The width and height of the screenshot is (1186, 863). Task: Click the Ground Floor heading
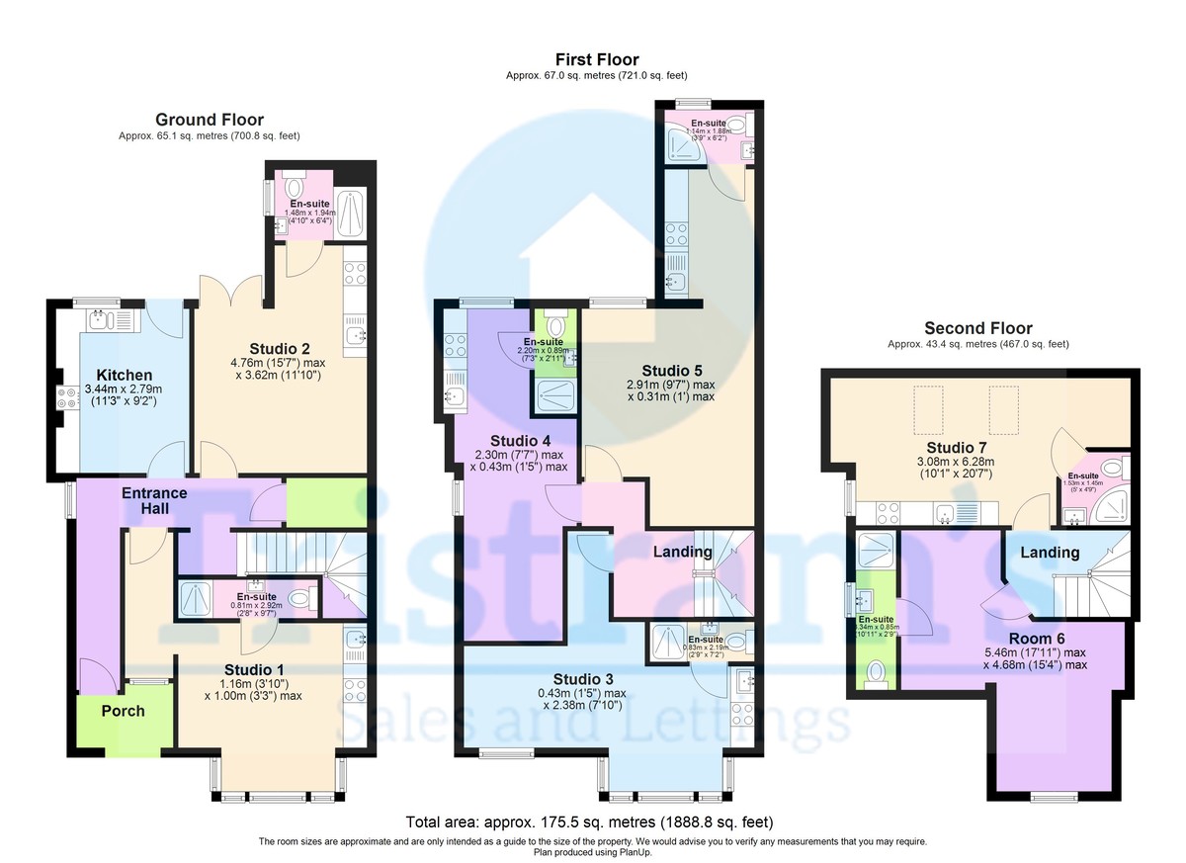point(209,120)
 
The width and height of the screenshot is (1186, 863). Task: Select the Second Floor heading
point(977,328)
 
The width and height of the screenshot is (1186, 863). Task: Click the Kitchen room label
point(124,375)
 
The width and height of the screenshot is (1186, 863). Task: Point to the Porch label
point(123,711)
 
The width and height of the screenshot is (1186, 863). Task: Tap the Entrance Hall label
point(154,500)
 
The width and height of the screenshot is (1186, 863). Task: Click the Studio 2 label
point(280,348)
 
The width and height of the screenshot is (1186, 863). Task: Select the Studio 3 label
point(582,679)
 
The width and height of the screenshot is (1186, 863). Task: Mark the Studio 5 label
point(670,371)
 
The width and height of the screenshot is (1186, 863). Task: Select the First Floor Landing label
point(683,552)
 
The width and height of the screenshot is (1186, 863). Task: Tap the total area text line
point(589,821)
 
